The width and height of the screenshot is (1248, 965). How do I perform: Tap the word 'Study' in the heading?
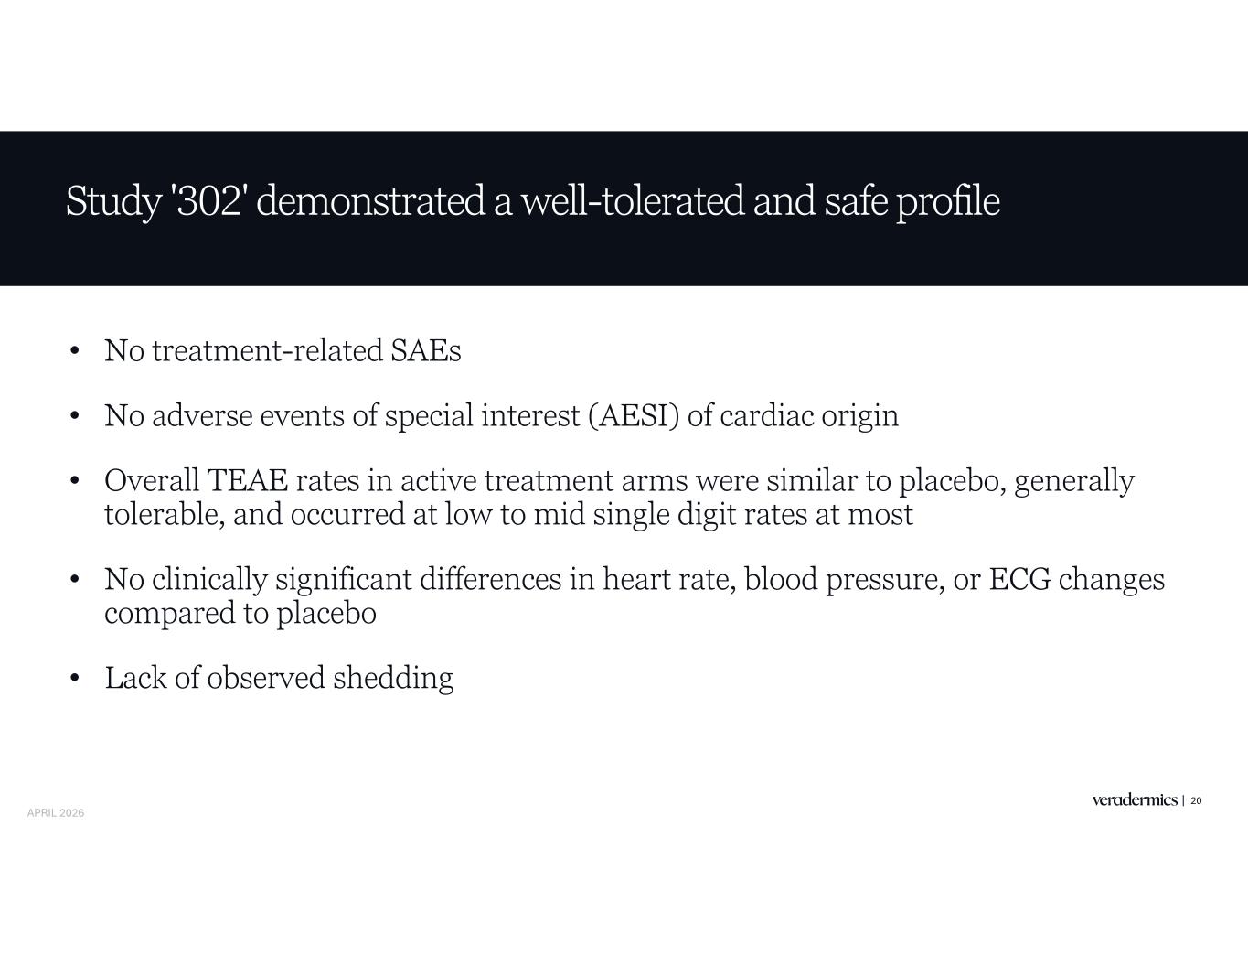113,202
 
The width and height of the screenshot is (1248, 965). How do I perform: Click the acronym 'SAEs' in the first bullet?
425,350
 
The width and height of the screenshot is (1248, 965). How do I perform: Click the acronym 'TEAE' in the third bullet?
246,480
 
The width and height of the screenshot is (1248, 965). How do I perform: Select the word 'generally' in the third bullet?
1074,483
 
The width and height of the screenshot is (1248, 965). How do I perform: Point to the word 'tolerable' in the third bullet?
165,514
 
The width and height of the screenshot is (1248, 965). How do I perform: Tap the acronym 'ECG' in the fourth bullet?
1019,579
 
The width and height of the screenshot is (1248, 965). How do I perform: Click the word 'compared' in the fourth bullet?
170,614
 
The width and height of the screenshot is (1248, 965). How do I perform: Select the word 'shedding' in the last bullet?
393,679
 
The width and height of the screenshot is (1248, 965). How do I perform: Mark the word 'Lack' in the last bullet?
135,677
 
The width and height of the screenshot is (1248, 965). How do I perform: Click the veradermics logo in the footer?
1135,800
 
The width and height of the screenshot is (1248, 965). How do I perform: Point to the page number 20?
1196,800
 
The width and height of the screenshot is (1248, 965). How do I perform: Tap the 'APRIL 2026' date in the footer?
56,813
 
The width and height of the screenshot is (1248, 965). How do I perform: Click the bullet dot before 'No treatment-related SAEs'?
73,351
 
